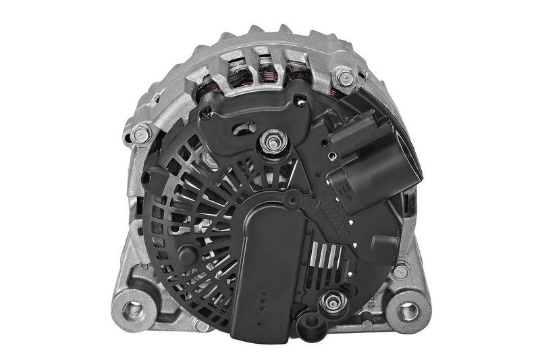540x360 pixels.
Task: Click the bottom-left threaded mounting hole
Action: point(134,311)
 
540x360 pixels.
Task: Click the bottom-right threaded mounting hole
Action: point(407,311)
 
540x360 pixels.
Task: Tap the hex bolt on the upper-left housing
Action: point(140,134)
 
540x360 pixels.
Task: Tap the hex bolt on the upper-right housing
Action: point(344,76)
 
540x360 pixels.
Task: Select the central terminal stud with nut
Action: point(273,142)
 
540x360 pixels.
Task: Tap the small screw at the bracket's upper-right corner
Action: point(300,101)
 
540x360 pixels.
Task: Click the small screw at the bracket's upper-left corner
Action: point(206,113)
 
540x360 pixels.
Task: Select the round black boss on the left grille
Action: point(187,254)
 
